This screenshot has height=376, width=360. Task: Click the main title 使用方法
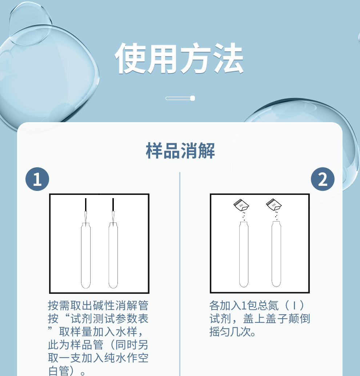179,58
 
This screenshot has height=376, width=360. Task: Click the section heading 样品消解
180,151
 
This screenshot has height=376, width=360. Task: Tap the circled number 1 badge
37,179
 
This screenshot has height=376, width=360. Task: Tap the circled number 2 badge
323,179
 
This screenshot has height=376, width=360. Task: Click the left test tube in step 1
85,255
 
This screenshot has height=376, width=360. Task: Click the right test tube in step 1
113,255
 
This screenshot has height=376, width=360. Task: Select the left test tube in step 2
244,254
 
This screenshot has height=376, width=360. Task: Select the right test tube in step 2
276,254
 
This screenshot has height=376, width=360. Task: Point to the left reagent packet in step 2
241,205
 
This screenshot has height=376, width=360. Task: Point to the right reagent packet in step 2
274,205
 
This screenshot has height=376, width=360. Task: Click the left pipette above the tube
85,211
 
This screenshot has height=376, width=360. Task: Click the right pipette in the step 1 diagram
113,211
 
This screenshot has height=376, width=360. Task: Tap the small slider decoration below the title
180,98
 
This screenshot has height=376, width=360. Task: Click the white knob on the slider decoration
192,98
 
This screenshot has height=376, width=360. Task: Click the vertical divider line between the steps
180,274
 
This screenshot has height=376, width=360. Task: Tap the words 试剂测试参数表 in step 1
109,319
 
